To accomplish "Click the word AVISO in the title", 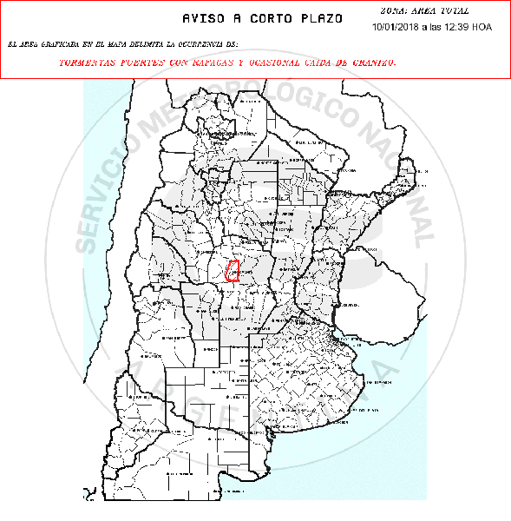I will click(206, 18).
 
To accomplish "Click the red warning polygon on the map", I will click(233, 270).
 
